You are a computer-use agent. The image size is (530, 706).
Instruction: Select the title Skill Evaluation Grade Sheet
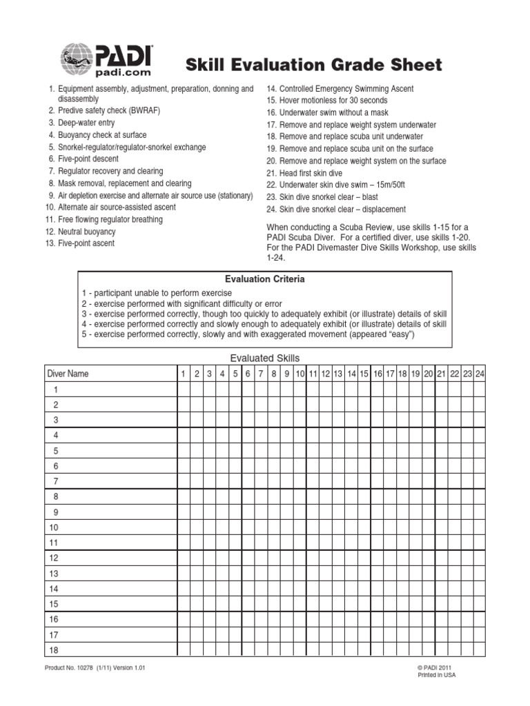coord(313,65)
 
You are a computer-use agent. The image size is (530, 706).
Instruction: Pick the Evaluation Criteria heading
coord(265,279)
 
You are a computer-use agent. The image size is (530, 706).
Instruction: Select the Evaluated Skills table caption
coord(265,358)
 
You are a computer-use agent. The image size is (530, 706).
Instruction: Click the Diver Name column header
coord(68,374)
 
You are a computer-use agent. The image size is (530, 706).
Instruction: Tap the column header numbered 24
coord(480,374)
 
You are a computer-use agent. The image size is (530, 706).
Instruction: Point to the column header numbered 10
coord(300,374)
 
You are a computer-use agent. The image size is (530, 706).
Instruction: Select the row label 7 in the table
coord(55,481)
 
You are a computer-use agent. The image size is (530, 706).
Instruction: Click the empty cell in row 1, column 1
coord(184,390)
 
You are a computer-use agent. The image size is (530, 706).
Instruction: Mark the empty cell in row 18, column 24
coord(480,649)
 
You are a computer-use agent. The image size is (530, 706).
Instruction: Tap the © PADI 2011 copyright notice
coord(435,668)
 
